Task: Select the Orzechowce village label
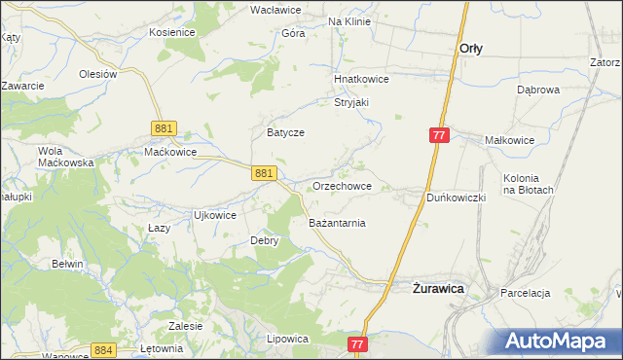point(342,185)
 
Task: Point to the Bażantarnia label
point(337,223)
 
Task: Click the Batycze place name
point(286,132)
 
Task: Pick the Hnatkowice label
point(361,79)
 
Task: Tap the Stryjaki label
point(352,101)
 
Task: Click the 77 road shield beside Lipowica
point(357,344)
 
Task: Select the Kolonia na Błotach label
point(529,184)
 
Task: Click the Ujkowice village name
point(215,215)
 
